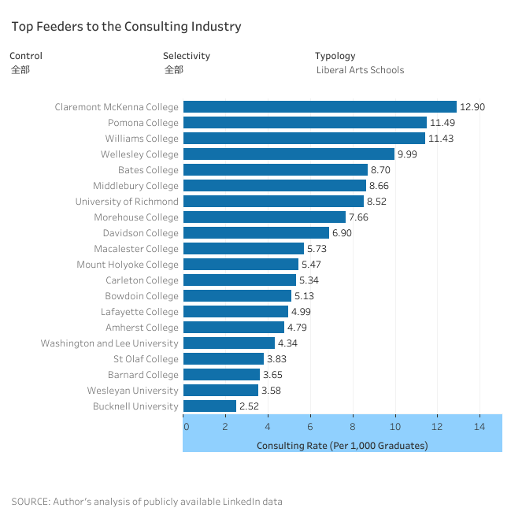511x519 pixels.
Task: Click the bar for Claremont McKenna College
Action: pyautogui.click(x=320, y=107)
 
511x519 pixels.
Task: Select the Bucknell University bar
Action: pyautogui.click(x=209, y=406)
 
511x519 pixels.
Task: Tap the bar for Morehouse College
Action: pyautogui.click(x=264, y=217)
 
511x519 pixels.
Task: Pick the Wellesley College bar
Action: pyautogui.click(x=288, y=154)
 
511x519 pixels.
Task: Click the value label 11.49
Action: pyautogui.click(x=442, y=123)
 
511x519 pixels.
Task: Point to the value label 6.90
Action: pyautogui.click(x=344, y=233)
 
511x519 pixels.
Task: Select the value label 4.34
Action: pyautogui.click(x=288, y=343)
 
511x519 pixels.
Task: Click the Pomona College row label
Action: pyautogui.click(x=143, y=123)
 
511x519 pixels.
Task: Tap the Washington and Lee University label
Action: pyautogui.click(x=109, y=343)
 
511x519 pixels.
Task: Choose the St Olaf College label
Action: pyautogui.click(x=146, y=359)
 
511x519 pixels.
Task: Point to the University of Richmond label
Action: pyautogui.click(x=127, y=202)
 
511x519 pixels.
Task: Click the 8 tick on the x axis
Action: pyautogui.click(x=353, y=427)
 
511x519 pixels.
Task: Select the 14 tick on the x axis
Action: pyautogui.click(x=479, y=427)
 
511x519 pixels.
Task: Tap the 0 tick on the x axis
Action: pyautogui.click(x=186, y=427)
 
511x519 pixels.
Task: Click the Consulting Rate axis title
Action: pyautogui.click(x=342, y=446)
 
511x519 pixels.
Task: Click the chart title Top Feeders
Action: pyautogui.click(x=126, y=27)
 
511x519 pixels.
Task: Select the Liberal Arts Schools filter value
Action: pyautogui.click(x=360, y=70)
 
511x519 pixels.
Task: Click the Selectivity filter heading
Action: pyautogui.click(x=187, y=56)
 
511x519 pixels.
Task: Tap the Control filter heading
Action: pyautogui.click(x=26, y=56)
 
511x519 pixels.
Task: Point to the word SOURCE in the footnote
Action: pyautogui.click(x=28, y=502)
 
